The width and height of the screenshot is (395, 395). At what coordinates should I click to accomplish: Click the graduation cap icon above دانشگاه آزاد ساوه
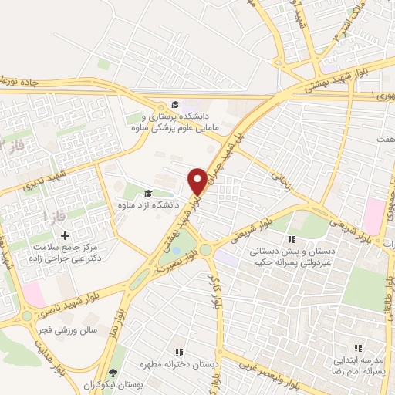(x=147, y=194)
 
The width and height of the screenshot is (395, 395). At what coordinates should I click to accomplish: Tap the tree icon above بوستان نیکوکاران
(x=113, y=372)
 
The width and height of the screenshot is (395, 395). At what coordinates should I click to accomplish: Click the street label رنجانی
(x=278, y=181)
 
